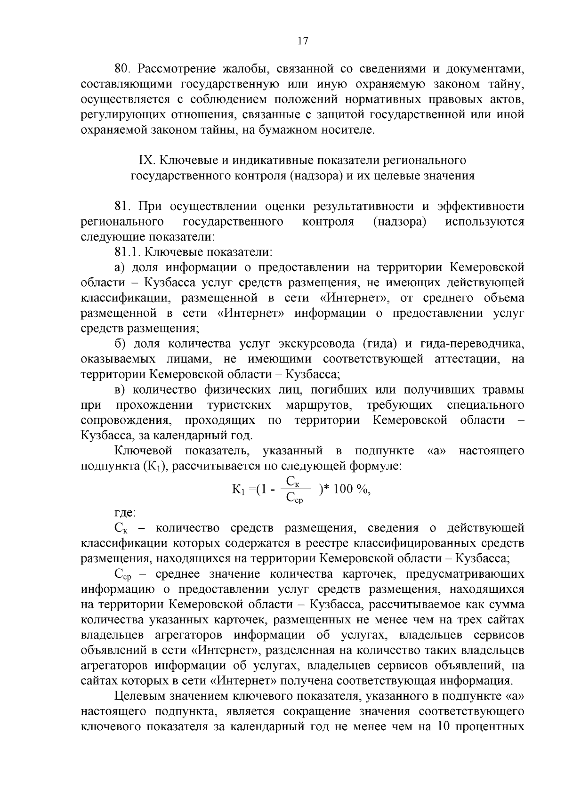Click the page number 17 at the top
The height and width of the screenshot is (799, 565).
tap(303, 41)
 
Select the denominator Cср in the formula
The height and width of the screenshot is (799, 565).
tap(295, 499)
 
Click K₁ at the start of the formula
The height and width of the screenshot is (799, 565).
tap(239, 490)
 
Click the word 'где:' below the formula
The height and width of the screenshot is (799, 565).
tap(125, 512)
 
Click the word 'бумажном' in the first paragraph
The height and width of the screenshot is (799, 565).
tap(280, 130)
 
